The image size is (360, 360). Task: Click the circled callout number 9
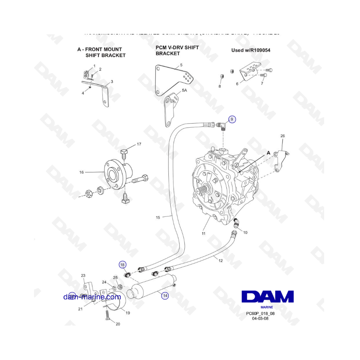coord(232,119)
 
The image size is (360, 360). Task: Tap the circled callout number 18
coord(122,264)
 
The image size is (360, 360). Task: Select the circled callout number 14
coord(165,296)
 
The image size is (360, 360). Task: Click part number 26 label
coord(282,136)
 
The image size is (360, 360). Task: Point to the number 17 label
coord(139,144)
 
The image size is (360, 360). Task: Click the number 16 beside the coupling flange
coord(82,172)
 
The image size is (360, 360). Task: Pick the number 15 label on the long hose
coord(158,218)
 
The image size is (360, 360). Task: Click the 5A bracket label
coord(184,91)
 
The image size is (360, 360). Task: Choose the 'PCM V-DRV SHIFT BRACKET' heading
coord(177,50)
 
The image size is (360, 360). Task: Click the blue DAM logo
coord(268,296)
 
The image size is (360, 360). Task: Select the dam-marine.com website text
coord(92,297)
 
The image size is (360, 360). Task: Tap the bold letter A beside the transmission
coord(268,153)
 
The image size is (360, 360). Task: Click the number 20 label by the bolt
coord(118,324)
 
